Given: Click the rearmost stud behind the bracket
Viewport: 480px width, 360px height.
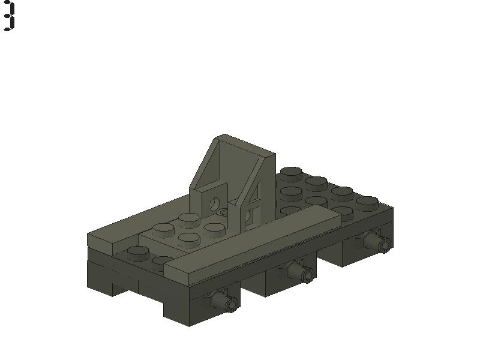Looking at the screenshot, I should coord(292,173).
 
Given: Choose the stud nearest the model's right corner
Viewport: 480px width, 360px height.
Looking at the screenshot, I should coord(367,202).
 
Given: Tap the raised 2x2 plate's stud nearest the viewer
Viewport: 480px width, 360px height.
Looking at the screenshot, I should coord(189,240).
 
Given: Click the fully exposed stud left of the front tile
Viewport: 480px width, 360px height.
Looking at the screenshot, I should coord(138,253).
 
